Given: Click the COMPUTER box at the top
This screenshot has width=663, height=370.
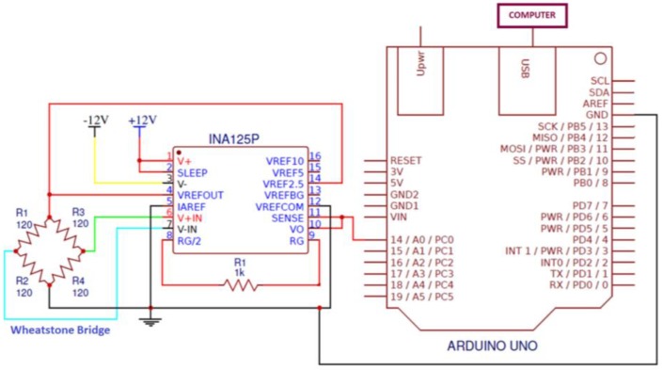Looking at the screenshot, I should click(x=531, y=15).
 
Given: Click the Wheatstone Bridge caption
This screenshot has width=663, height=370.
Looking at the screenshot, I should click(x=61, y=330).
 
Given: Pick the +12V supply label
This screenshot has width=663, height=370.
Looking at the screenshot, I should click(x=142, y=121).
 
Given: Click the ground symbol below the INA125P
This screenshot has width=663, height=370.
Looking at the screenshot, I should click(x=150, y=321).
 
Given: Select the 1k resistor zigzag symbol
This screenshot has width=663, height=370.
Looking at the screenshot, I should click(x=241, y=283).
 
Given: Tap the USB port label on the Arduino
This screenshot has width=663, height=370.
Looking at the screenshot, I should click(x=524, y=69).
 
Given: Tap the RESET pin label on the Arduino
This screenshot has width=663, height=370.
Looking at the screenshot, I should click(x=407, y=160).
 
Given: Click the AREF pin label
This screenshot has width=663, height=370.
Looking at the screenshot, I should click(x=595, y=104).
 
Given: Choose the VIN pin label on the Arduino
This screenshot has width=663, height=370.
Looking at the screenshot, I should click(x=400, y=217).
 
